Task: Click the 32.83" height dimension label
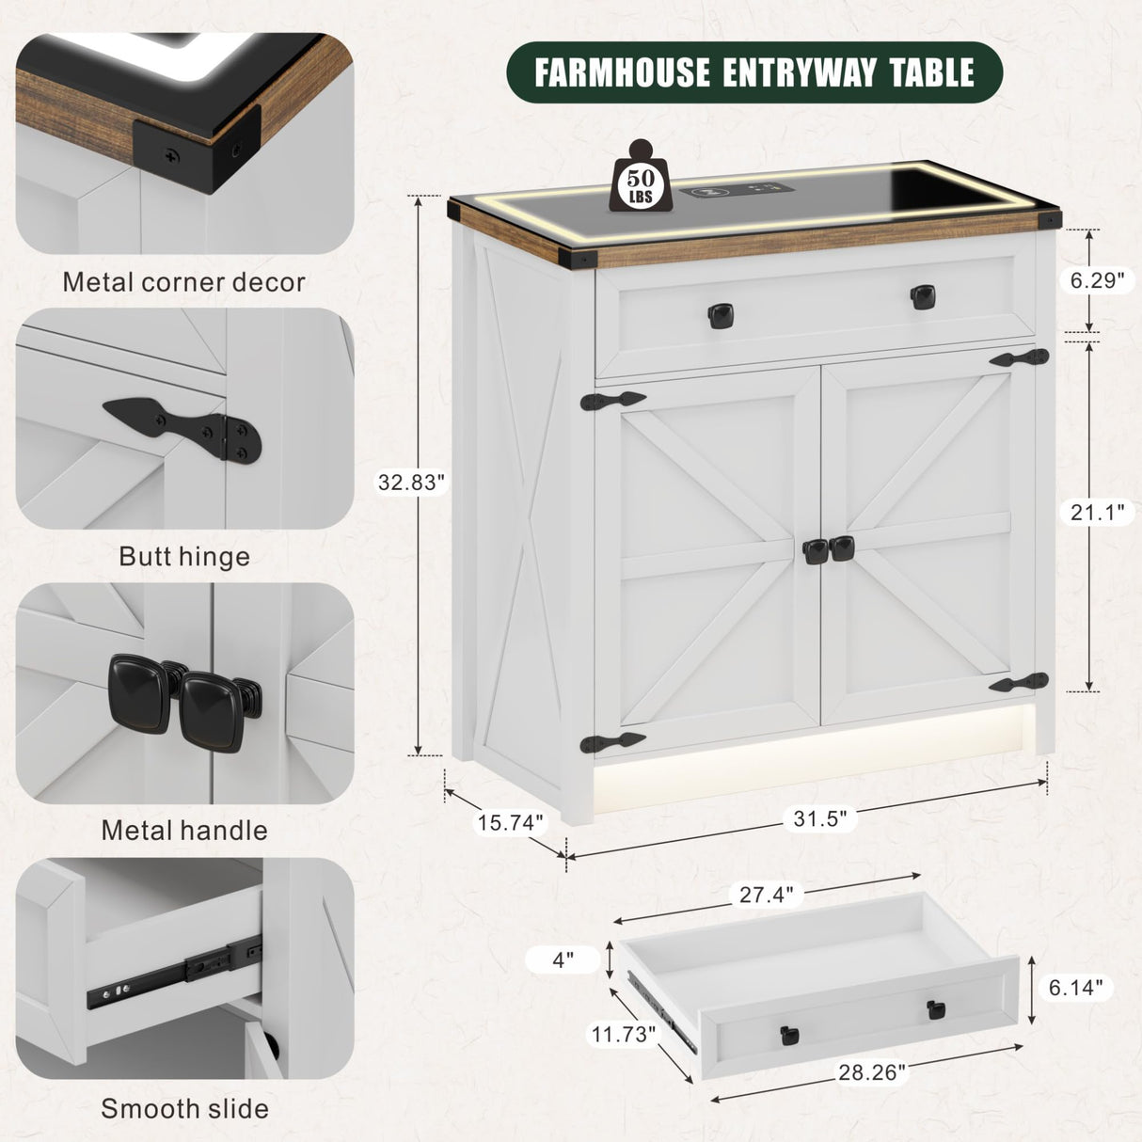point(411,483)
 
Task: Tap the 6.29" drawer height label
point(1097,280)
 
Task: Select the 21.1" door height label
point(1097,512)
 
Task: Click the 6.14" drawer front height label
point(1075,987)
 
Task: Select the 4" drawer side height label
point(563,960)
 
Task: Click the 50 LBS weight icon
point(641,177)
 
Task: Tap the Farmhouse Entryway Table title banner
point(754,72)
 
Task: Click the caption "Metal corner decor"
point(183,282)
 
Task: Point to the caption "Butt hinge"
point(184,556)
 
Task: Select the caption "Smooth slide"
point(184,1107)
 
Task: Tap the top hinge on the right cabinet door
point(1020,358)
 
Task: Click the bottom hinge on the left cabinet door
point(612,742)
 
